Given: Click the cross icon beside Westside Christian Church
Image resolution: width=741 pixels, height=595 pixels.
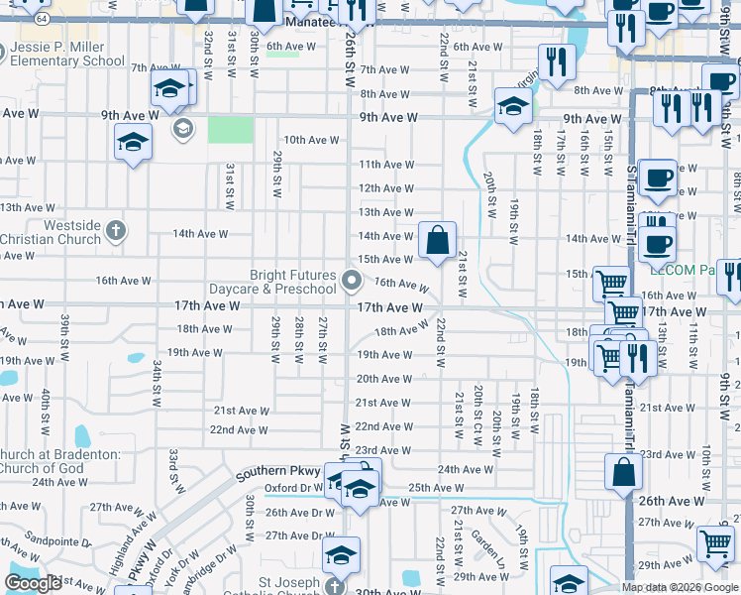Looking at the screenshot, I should (116, 231).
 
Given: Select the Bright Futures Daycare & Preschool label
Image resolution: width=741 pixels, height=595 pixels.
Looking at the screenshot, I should (279, 282).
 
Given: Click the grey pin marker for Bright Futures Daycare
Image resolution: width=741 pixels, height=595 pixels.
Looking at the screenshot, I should (352, 282).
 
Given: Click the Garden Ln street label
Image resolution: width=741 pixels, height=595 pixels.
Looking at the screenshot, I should (488, 542).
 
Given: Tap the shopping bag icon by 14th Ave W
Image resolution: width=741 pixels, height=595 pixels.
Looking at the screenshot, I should (437, 240).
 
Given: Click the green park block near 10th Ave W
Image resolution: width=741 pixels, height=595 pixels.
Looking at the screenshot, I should (230, 130).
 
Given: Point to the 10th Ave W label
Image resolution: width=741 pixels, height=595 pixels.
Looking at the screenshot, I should (311, 140).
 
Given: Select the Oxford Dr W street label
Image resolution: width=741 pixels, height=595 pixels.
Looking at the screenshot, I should (295, 488).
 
